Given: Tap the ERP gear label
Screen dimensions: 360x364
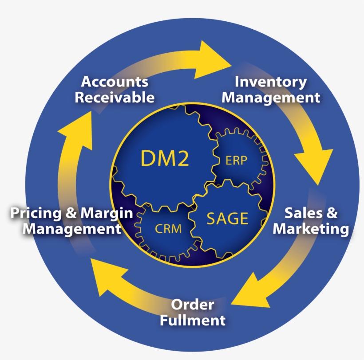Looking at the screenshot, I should [236, 160].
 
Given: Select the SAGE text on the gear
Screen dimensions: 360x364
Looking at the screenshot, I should [227, 218].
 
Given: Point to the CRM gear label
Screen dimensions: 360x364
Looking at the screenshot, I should [168, 229].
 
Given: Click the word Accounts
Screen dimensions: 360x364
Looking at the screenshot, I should [115, 82].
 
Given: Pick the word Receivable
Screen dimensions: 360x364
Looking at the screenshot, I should [115, 97].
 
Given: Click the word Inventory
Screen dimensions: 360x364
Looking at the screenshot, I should [270, 82].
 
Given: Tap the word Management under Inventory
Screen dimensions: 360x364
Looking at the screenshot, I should [270, 97].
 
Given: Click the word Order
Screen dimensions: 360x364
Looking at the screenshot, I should [193, 305].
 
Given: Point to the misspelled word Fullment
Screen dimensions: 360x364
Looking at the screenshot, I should [193, 320].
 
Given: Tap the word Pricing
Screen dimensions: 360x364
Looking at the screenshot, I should [36, 213].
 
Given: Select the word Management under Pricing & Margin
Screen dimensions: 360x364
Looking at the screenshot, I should [72, 229].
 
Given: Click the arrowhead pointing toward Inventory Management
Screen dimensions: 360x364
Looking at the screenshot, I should [213, 59].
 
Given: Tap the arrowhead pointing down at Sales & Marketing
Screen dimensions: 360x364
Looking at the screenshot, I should [314, 164].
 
